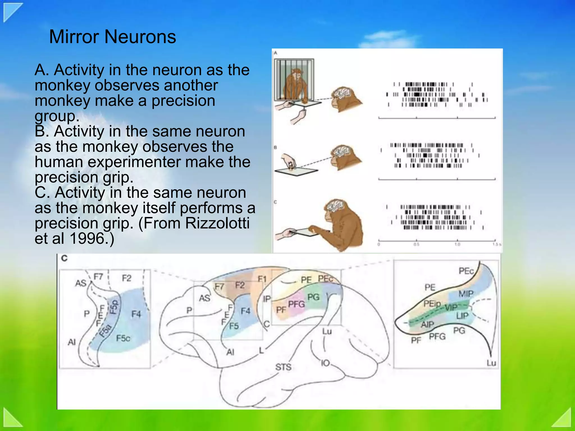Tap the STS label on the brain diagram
point(283,367)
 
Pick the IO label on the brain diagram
point(325,363)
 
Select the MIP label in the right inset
point(466,294)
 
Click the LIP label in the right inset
point(462,316)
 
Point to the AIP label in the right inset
point(427,324)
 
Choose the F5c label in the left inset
point(123,338)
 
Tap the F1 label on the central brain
point(262,279)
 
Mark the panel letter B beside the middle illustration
point(275,147)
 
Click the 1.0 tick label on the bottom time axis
point(457,244)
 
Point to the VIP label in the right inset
point(451,307)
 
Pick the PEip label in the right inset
point(432,304)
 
